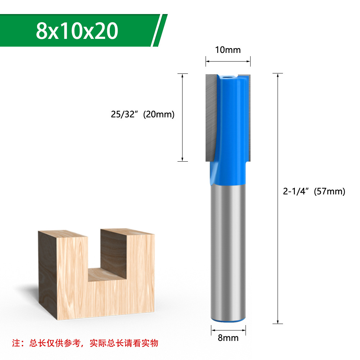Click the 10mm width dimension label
228,50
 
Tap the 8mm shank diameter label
228,338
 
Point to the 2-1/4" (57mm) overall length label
314,192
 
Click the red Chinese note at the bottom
85,343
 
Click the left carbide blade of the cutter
210,115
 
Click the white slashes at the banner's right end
159,31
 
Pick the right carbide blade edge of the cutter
248,115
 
